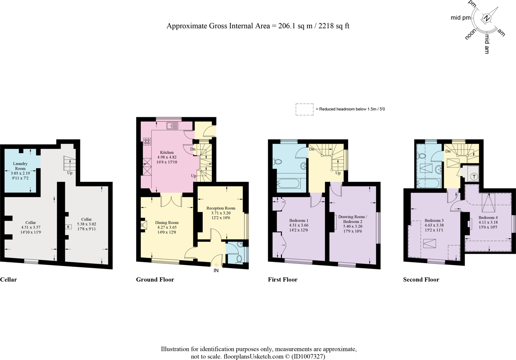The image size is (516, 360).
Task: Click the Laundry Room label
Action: point(20,166)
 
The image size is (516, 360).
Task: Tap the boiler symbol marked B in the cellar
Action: point(68,227)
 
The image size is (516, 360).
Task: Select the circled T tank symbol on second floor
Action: point(474,176)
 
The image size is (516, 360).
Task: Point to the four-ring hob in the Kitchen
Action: point(147,141)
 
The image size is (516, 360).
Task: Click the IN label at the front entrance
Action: point(216,270)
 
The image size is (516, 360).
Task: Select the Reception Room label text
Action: point(221,208)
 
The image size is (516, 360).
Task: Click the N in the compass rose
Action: point(487,19)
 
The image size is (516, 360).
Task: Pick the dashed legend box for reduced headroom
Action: point(304,109)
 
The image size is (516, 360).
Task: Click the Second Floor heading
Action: point(421,280)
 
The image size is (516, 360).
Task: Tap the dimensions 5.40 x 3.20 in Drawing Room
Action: point(352,226)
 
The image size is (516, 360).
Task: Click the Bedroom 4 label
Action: point(488,218)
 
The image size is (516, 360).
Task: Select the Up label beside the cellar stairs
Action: point(70,173)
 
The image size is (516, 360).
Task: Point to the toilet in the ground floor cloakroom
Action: point(239,259)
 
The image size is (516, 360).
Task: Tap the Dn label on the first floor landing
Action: point(312,149)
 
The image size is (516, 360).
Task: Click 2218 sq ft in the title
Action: point(334,26)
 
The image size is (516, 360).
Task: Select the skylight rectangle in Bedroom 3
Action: point(429,243)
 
